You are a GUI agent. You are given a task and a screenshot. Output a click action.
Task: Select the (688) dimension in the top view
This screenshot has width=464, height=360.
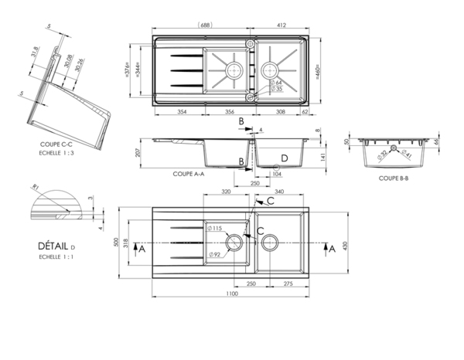click(206, 26)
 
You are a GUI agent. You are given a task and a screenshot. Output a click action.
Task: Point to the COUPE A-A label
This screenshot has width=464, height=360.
click(189, 175)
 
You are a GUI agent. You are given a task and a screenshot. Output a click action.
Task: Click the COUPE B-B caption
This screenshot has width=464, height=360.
click(394, 178)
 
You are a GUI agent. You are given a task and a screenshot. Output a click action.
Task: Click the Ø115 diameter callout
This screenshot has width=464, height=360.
click(217, 229)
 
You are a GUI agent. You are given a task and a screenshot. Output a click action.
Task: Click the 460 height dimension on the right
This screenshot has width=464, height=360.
click(317, 72)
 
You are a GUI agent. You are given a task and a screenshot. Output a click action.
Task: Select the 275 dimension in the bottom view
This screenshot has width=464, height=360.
click(287, 285)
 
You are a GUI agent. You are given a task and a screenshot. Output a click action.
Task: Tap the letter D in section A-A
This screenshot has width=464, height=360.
click(285, 158)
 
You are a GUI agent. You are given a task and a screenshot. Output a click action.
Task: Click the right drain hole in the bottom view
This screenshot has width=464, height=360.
click(271, 243)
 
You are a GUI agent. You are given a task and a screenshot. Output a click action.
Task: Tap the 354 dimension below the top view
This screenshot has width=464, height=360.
click(182, 112)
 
